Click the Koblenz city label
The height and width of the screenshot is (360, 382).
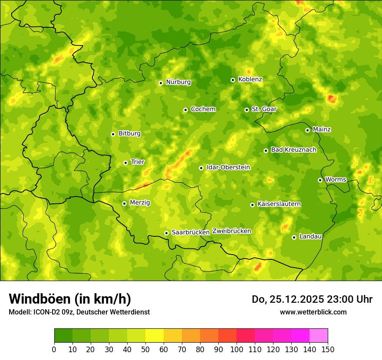(250, 79)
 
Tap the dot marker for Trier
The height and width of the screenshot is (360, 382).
(126, 163)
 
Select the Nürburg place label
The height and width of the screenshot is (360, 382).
(178, 82)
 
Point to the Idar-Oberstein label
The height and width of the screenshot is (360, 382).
(228, 167)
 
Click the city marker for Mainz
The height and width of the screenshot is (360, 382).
(307, 130)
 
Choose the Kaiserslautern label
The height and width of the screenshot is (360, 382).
(279, 204)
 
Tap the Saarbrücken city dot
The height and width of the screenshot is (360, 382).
(166, 233)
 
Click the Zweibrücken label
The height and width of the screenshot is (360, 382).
(231, 231)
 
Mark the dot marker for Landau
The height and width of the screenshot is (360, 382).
(294, 237)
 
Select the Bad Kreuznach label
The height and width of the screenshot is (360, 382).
(293, 150)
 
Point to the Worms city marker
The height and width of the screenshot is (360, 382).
(320, 180)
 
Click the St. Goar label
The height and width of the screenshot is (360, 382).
(264, 109)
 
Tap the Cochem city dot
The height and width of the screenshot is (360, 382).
(185, 110)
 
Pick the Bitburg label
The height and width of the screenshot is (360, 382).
(129, 134)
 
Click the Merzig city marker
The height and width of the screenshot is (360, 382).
(124, 203)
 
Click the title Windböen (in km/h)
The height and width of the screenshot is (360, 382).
(70, 299)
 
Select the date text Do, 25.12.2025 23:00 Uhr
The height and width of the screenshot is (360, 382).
(312, 299)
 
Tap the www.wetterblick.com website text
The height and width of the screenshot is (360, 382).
(313, 312)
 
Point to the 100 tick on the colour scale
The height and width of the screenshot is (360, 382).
(237, 349)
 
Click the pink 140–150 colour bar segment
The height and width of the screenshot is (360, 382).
(319, 336)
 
